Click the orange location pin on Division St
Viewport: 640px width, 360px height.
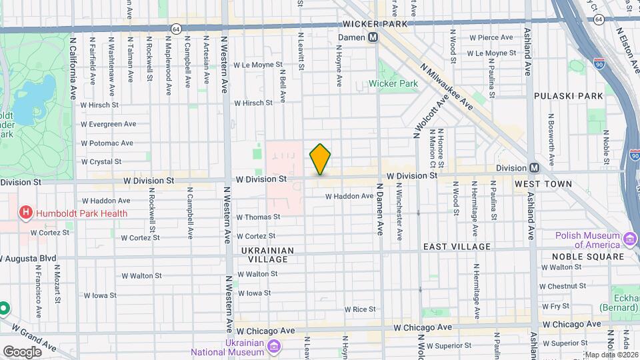click(x=320, y=159)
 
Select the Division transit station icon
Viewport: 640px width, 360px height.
click(x=534, y=168)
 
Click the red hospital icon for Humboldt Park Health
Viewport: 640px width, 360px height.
click(x=26, y=213)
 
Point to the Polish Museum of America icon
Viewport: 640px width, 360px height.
click(x=630, y=239)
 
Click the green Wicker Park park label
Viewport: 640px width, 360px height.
click(x=399, y=84)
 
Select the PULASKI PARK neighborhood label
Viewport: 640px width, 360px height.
click(x=568, y=96)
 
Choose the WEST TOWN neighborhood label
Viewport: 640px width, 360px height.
click(x=543, y=183)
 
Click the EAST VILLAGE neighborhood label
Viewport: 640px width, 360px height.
click(x=457, y=247)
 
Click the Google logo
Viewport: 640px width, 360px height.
click(x=22, y=352)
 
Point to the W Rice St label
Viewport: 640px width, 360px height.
click(x=361, y=309)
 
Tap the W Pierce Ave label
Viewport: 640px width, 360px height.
click(x=489, y=37)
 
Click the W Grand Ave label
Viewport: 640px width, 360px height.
click(x=34, y=331)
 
